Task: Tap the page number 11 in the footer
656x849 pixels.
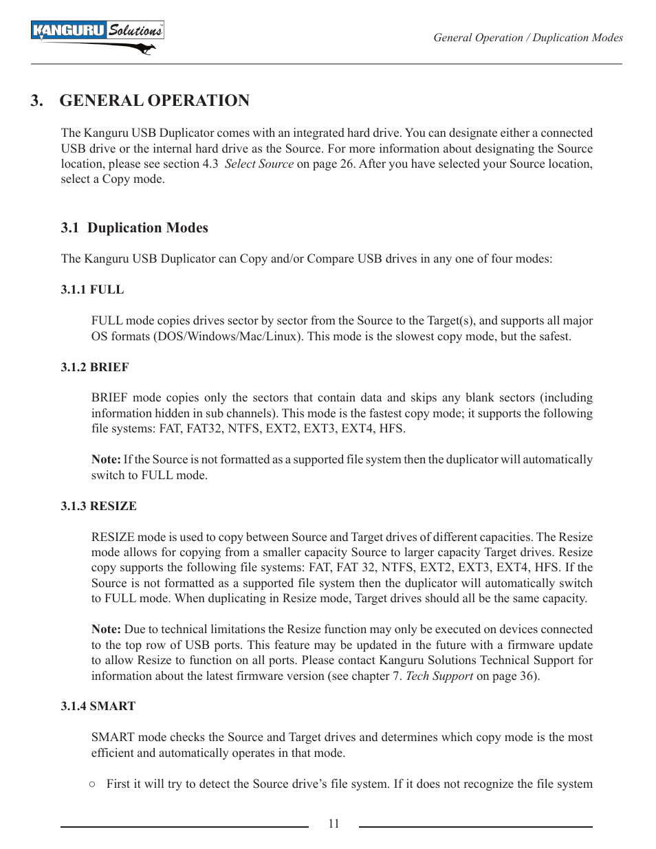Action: click(334, 824)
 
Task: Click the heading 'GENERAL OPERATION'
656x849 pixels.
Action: click(154, 100)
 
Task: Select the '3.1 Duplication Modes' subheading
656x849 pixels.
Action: click(134, 228)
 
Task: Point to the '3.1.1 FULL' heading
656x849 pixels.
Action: click(92, 289)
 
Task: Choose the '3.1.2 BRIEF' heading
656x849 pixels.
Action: click(95, 367)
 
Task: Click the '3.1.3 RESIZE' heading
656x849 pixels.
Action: click(98, 506)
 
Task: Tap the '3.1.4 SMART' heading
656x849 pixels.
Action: click(98, 706)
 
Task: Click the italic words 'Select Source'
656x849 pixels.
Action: click(259, 164)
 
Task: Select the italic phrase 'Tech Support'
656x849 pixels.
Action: click(439, 676)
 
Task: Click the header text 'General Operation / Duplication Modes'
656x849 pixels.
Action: click(527, 38)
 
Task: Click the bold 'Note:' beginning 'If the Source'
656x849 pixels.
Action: click(106, 459)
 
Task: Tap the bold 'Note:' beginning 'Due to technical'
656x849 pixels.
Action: click(106, 629)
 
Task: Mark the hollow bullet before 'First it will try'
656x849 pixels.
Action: click(92, 784)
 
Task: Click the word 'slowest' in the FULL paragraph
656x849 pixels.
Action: click(417, 336)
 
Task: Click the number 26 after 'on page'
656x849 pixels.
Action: click(347, 164)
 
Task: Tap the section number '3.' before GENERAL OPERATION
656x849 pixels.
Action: click(36, 100)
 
